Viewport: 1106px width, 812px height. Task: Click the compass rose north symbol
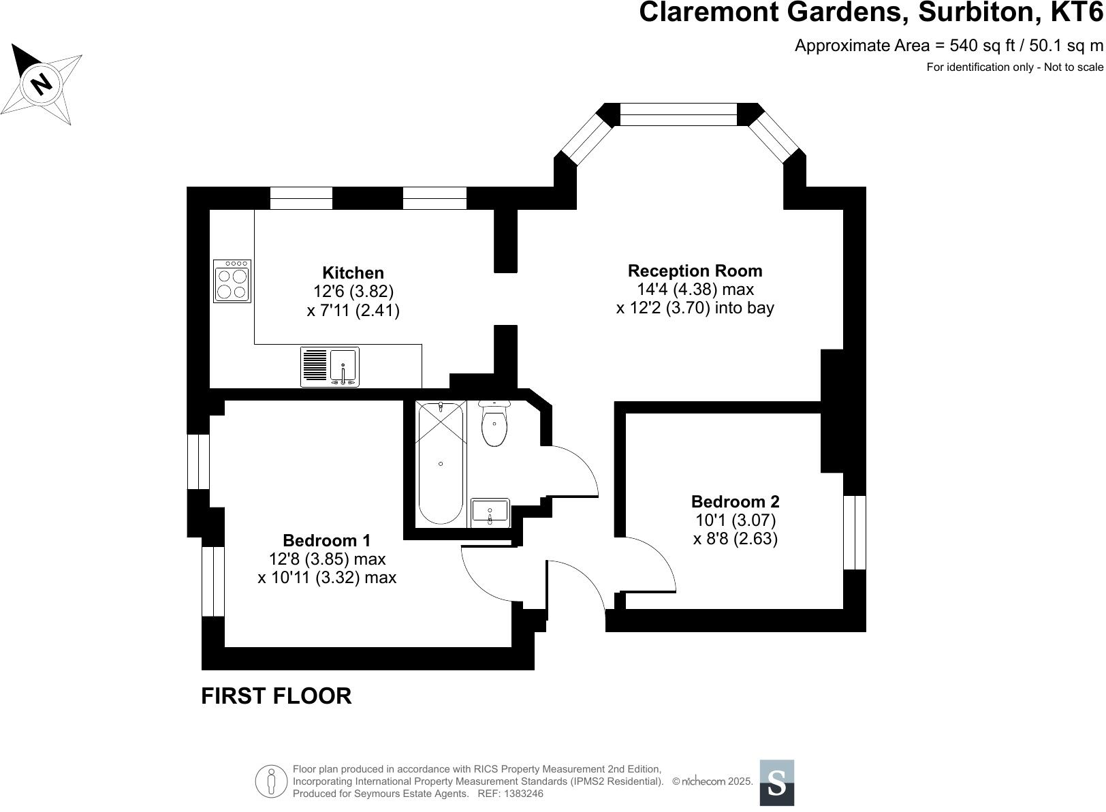42,84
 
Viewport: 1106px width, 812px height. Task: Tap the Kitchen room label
353,273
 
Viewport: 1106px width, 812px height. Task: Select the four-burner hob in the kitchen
232,281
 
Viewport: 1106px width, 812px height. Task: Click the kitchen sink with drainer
330,367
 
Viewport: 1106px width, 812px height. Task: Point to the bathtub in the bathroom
441,463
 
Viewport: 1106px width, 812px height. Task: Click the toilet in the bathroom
494,424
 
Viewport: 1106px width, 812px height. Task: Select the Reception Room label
695,270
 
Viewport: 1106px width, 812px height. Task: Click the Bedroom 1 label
327,540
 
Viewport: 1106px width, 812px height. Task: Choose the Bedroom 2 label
735,501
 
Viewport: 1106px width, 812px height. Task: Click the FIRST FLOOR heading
276,696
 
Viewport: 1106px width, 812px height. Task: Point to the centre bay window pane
678,114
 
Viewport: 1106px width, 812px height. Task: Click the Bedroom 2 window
854,532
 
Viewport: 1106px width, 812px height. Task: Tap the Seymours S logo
776,783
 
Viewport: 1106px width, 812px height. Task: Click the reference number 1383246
521,794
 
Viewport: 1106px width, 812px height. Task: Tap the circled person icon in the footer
271,781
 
